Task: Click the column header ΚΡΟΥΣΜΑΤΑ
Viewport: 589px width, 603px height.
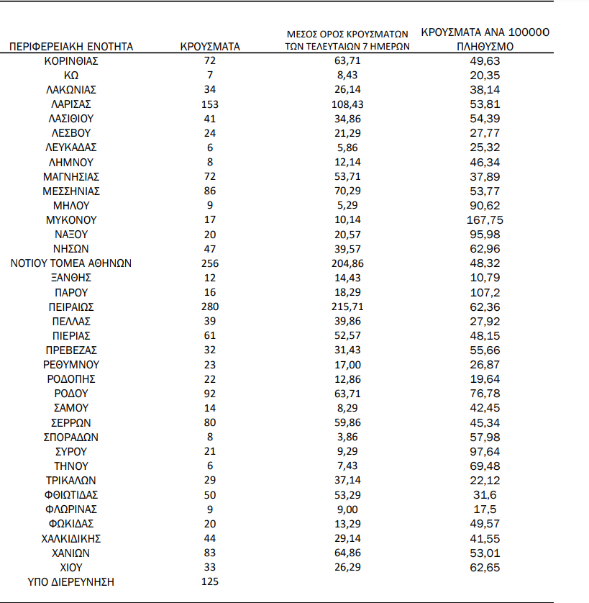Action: click(x=210, y=47)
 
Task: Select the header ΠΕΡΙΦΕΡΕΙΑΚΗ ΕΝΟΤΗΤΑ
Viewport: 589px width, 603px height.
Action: click(x=70, y=47)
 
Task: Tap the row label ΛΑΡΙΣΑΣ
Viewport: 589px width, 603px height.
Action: click(x=70, y=104)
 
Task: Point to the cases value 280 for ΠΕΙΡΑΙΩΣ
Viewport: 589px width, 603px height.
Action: click(x=210, y=307)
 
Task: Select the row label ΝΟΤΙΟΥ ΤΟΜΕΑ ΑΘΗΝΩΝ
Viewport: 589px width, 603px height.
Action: click(x=70, y=263)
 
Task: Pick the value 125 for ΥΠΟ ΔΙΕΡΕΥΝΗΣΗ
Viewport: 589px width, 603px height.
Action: click(x=210, y=581)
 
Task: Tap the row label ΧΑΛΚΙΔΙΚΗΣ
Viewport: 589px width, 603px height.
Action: click(x=70, y=538)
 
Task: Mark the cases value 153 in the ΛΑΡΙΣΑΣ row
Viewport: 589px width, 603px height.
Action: click(x=210, y=104)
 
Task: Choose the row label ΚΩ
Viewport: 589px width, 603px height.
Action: click(x=70, y=76)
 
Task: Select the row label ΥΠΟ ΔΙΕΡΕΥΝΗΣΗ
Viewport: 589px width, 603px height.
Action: click(x=70, y=581)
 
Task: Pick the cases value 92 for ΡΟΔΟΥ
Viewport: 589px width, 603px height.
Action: click(x=210, y=394)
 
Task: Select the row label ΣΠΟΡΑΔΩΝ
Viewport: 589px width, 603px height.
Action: click(x=70, y=437)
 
